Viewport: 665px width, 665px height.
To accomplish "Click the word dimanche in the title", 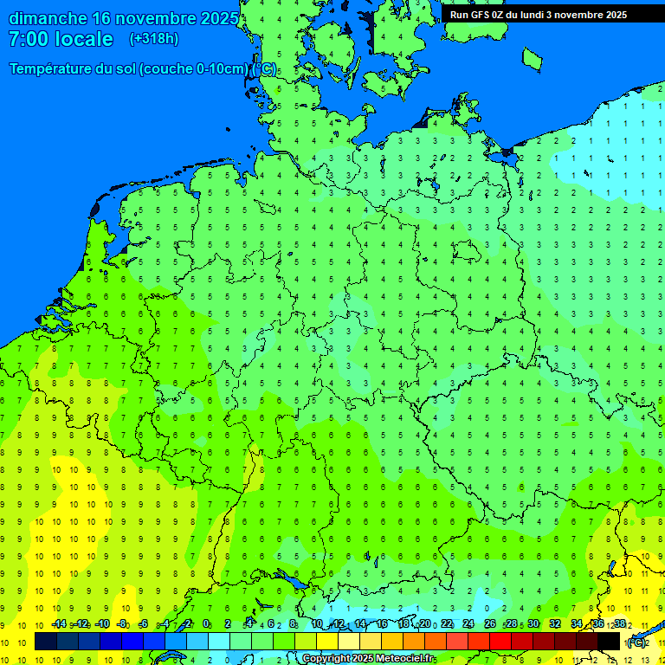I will (x=48, y=18).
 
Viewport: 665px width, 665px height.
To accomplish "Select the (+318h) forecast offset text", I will (x=153, y=39).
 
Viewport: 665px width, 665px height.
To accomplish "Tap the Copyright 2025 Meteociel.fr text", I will (x=368, y=659).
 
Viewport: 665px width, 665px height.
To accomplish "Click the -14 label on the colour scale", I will (x=58, y=624).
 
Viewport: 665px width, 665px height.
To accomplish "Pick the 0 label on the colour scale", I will (x=206, y=624).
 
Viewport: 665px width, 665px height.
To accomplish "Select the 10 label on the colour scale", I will (x=317, y=624).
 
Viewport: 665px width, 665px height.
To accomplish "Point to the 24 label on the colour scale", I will (x=468, y=624).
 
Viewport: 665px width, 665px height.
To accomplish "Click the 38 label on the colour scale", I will (x=620, y=624).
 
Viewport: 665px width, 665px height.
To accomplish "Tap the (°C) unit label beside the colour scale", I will (x=636, y=642).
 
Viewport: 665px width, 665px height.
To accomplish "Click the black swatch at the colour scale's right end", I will (x=609, y=642).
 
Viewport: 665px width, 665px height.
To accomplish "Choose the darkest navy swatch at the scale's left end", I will (x=45, y=642).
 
